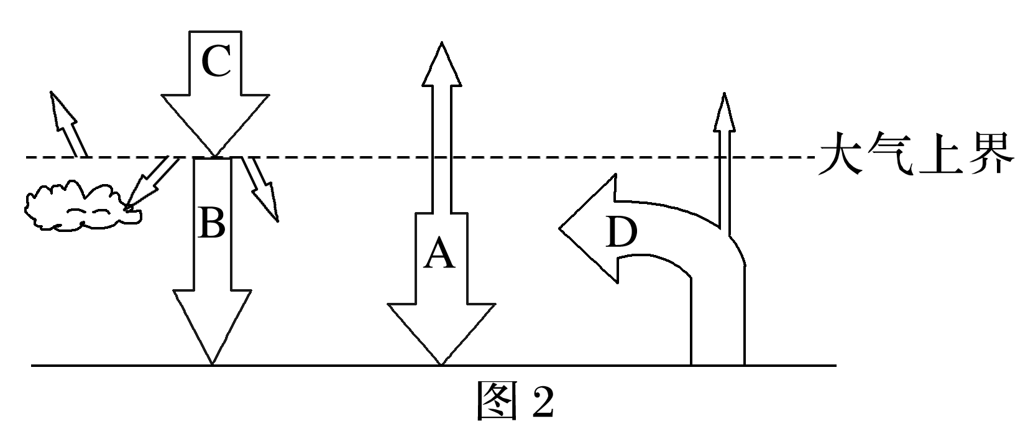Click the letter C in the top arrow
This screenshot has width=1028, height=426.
216,62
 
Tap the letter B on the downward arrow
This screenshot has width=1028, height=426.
211,223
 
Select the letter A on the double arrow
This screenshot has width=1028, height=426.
439,254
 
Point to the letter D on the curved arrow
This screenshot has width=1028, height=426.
622,233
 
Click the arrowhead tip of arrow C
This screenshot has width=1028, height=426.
215,149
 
